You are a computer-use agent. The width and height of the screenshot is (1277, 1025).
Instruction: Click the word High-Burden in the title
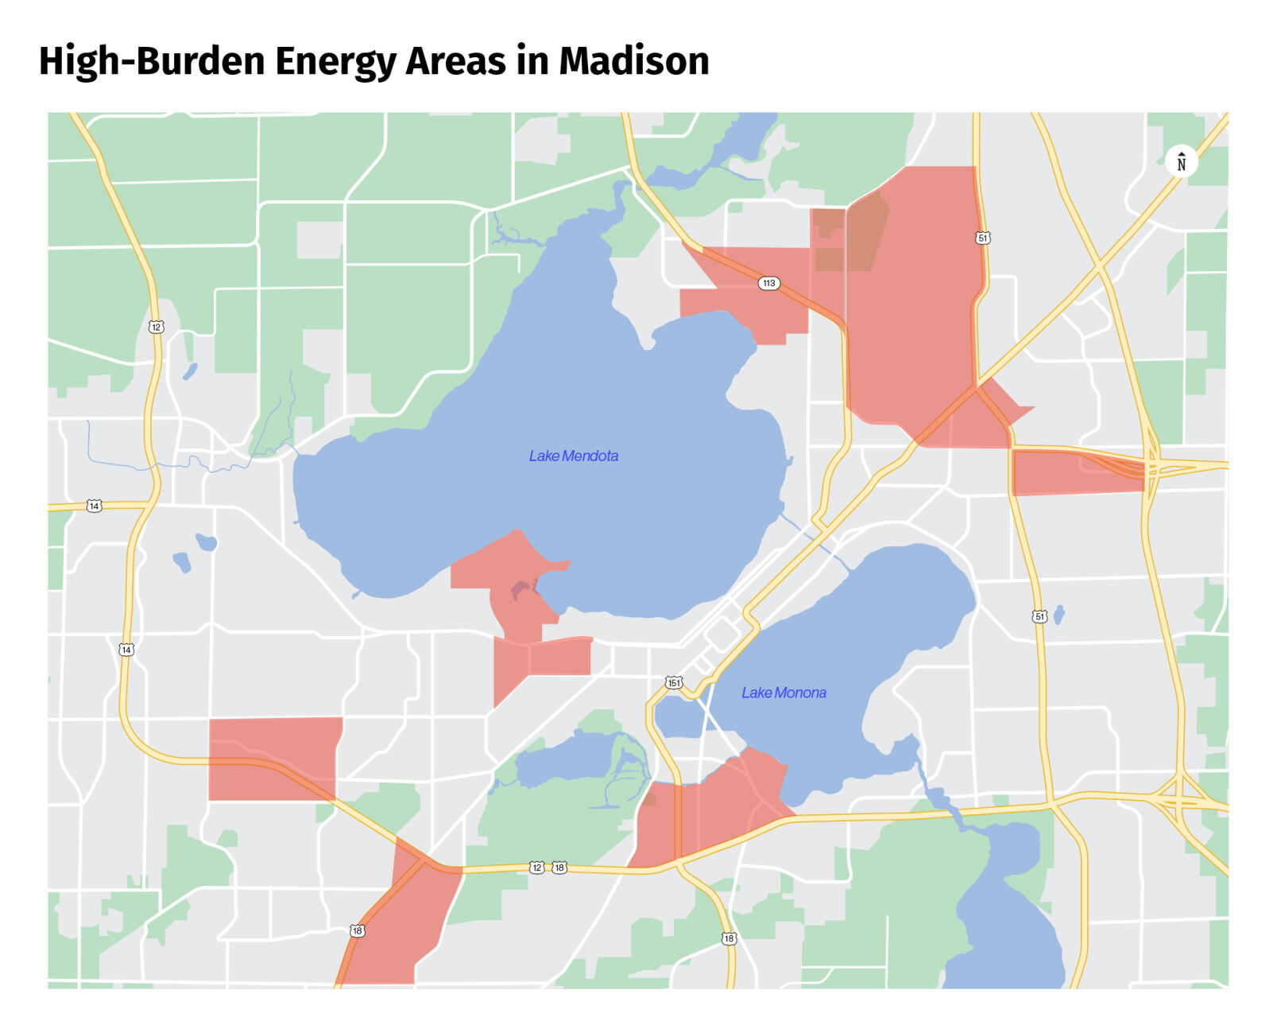coord(151,61)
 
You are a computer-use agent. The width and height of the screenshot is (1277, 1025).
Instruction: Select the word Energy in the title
coord(335,61)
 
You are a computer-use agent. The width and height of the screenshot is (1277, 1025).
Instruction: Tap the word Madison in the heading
coord(633,61)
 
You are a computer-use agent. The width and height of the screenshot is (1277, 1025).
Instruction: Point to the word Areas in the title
coord(455,61)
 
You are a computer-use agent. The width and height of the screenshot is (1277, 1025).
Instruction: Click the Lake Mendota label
coord(573,456)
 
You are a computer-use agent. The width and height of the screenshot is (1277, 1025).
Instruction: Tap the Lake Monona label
coord(783,693)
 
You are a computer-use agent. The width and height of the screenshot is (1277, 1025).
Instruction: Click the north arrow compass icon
coord(1181,162)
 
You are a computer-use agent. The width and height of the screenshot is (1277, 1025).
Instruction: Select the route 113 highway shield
coord(768,283)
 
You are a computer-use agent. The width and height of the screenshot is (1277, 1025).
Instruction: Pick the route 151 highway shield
coord(673,682)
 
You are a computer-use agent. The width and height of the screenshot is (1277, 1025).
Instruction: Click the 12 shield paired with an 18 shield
coord(537,867)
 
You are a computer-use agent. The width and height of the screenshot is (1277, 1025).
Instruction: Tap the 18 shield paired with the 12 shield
coord(559,867)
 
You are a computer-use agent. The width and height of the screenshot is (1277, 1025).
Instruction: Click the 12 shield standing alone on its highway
coord(156,327)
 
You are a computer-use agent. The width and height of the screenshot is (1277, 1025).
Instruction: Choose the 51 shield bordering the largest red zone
coord(982,238)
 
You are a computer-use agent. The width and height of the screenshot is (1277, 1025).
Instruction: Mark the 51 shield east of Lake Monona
coord(1039,616)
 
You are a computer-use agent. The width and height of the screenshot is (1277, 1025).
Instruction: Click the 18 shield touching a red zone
coord(357,930)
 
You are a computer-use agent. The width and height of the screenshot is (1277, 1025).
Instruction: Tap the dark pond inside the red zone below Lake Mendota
coord(520,590)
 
